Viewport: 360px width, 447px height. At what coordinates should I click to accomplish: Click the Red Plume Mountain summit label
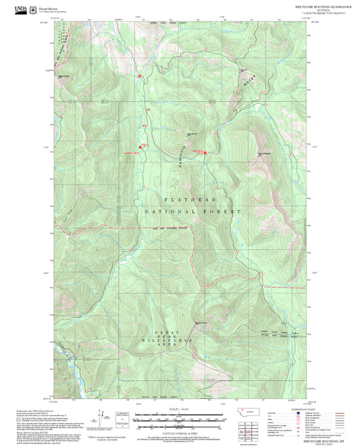(x=190, y=132)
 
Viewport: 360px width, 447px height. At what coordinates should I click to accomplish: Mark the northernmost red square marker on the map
(x=140, y=76)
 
